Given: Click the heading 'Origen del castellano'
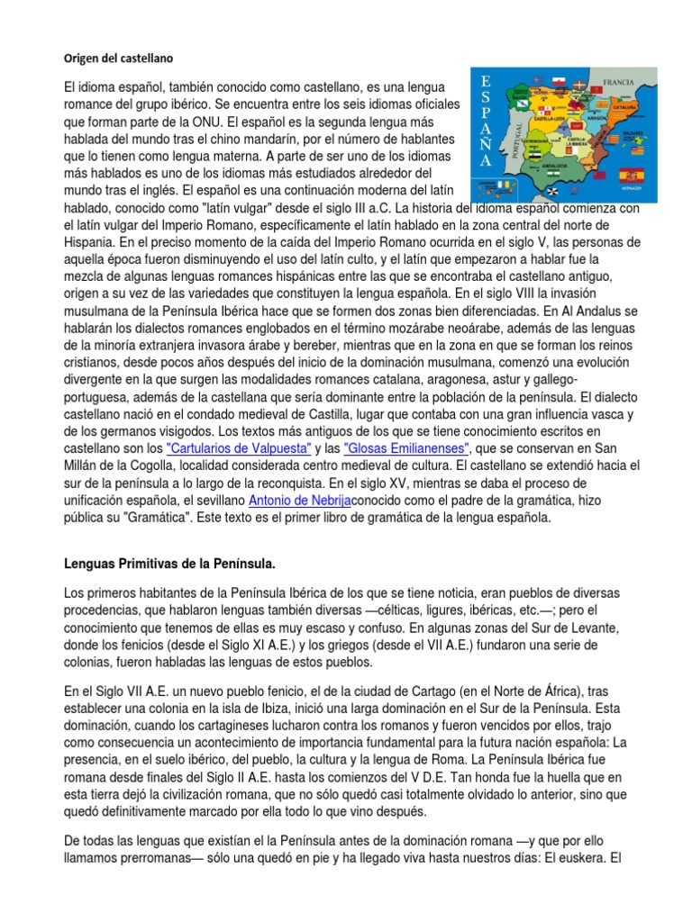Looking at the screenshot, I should click(117, 58).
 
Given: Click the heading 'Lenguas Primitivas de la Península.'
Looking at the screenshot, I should click(169, 564).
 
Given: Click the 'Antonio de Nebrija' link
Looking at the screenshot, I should click(300, 501).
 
